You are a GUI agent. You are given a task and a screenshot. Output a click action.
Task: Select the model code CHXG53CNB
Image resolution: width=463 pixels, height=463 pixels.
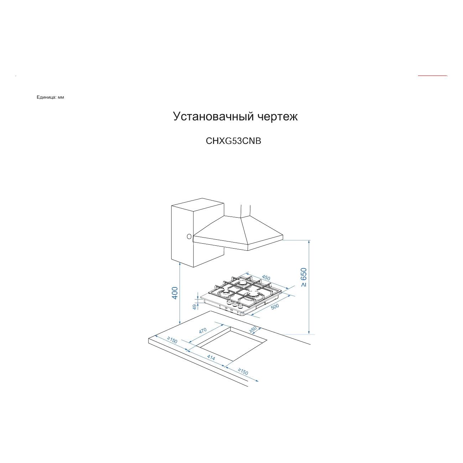click(234, 141)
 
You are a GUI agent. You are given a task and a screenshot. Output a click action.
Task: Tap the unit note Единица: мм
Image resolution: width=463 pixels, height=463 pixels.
click(50, 97)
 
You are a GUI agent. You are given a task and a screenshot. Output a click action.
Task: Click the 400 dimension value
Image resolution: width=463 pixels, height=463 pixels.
click(175, 293)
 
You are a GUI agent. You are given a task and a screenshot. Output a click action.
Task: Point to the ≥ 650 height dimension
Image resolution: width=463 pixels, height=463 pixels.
click(303, 277)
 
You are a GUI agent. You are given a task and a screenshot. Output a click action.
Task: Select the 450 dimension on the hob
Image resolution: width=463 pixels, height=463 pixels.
click(266, 278)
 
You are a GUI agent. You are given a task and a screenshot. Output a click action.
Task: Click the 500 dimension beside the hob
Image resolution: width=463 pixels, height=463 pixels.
click(275, 306)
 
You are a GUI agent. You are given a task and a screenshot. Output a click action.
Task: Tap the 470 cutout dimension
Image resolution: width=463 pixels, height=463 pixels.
click(203, 331)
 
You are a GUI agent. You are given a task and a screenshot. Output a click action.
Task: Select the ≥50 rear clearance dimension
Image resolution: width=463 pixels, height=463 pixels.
click(253, 330)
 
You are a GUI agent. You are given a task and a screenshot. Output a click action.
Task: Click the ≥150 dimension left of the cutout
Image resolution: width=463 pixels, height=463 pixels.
click(172, 340)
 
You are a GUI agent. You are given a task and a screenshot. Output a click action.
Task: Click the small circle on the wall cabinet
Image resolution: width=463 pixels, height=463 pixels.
click(189, 236)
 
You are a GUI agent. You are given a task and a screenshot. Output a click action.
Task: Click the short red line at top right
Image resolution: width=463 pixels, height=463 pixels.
click(432, 76)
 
